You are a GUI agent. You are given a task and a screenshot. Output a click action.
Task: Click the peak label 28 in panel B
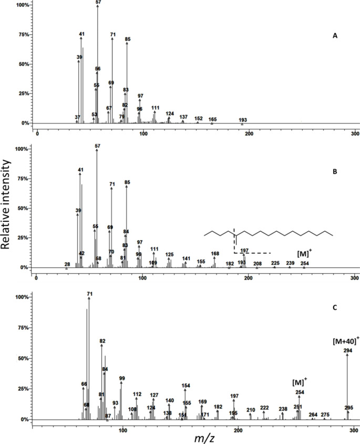point(67,264)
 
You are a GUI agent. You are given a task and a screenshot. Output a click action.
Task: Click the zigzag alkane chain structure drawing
point(268,232)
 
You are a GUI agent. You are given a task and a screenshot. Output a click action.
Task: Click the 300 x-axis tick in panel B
point(354,277)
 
